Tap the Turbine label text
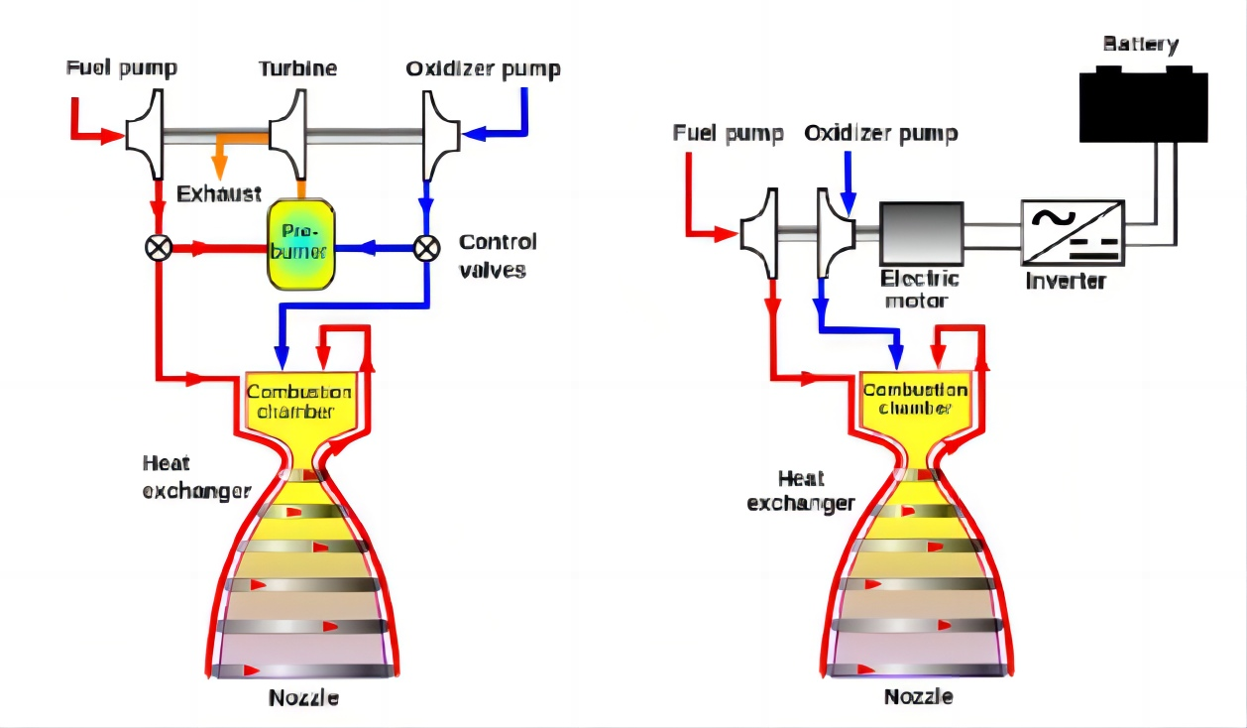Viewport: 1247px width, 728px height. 297,68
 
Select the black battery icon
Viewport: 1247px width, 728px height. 1142,104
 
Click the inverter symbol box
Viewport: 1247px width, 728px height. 1073,233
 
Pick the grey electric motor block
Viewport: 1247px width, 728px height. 921,234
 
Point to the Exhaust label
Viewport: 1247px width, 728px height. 219,192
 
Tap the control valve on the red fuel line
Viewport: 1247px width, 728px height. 157,247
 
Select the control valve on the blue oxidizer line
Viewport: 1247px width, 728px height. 426,247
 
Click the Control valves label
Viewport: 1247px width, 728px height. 498,255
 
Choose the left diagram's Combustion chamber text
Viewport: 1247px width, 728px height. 298,401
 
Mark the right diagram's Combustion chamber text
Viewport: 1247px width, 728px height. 915,399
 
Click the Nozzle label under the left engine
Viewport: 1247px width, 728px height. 303,698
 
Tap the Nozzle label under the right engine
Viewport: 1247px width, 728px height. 918,696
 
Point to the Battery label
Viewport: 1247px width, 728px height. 1141,45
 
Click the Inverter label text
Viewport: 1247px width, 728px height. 1066,281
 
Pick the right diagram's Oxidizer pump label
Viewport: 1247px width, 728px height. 881,133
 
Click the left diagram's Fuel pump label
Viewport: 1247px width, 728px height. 122,68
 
